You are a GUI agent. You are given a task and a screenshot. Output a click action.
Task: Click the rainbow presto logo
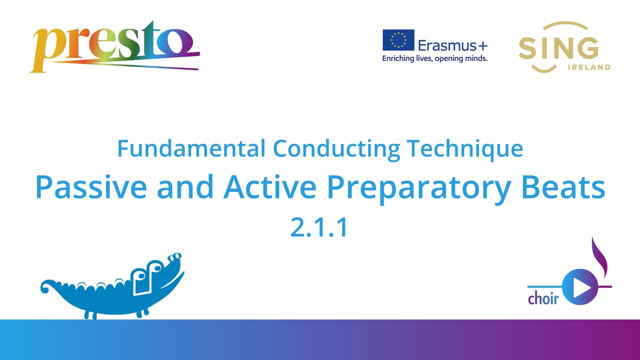click(115, 47)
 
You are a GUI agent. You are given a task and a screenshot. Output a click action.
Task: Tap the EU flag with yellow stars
click(398, 40)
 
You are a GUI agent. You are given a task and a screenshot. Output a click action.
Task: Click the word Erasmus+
click(453, 46)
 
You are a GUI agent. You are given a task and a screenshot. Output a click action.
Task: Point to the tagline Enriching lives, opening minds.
click(435, 59)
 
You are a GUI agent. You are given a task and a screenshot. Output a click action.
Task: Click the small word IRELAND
click(589, 67)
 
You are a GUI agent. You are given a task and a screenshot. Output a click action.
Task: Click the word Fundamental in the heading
click(191, 149)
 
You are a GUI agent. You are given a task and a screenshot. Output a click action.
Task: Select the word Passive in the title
click(91, 187)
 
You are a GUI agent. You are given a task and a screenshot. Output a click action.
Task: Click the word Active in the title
click(270, 187)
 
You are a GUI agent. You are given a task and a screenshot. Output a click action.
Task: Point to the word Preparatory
click(419, 189)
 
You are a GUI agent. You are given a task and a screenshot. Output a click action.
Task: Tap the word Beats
click(563, 187)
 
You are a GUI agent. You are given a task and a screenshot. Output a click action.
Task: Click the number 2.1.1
click(319, 227)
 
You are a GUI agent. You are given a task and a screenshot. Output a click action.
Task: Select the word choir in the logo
click(543, 297)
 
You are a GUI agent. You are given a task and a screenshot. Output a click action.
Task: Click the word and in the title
click(185, 187)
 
